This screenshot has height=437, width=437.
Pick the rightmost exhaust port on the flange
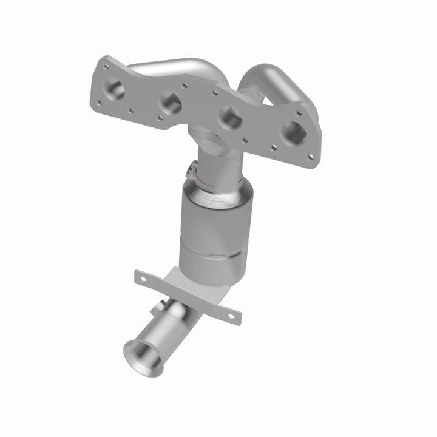tap(293, 132)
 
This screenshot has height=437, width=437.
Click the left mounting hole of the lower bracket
tap(144, 279)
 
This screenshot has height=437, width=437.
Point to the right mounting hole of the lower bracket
tap(229, 315)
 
